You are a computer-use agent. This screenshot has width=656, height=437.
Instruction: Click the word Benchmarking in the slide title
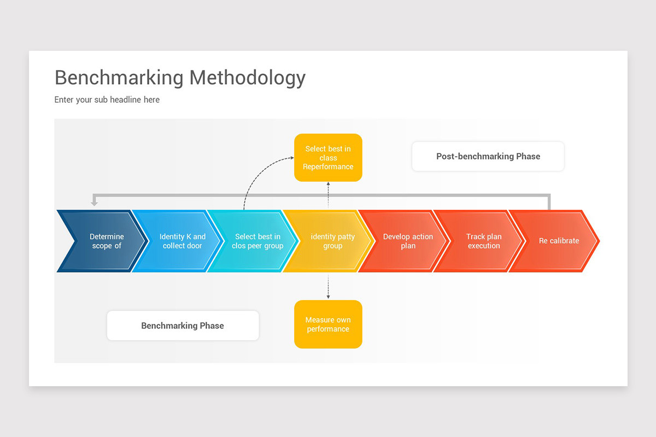pyautogui.click(x=119, y=78)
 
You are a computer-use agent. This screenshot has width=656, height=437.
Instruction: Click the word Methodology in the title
pyautogui.click(x=247, y=78)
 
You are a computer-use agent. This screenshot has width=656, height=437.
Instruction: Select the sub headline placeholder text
pyautogui.click(x=107, y=100)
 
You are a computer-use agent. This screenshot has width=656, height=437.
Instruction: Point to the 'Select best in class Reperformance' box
pyautogui.click(x=328, y=157)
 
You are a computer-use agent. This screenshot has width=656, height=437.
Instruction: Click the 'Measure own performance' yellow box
pyautogui.click(x=328, y=324)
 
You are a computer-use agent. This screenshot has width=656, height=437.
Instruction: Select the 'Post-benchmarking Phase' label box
pyautogui.click(x=488, y=156)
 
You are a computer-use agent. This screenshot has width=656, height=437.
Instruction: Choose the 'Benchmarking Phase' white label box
pyautogui.click(x=183, y=326)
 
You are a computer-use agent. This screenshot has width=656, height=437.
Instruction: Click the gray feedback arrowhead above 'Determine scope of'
pyautogui.click(x=94, y=203)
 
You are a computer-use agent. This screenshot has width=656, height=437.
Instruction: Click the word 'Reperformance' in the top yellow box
pyautogui.click(x=328, y=167)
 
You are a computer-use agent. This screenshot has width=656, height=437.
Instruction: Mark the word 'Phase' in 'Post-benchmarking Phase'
pyautogui.click(x=528, y=156)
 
